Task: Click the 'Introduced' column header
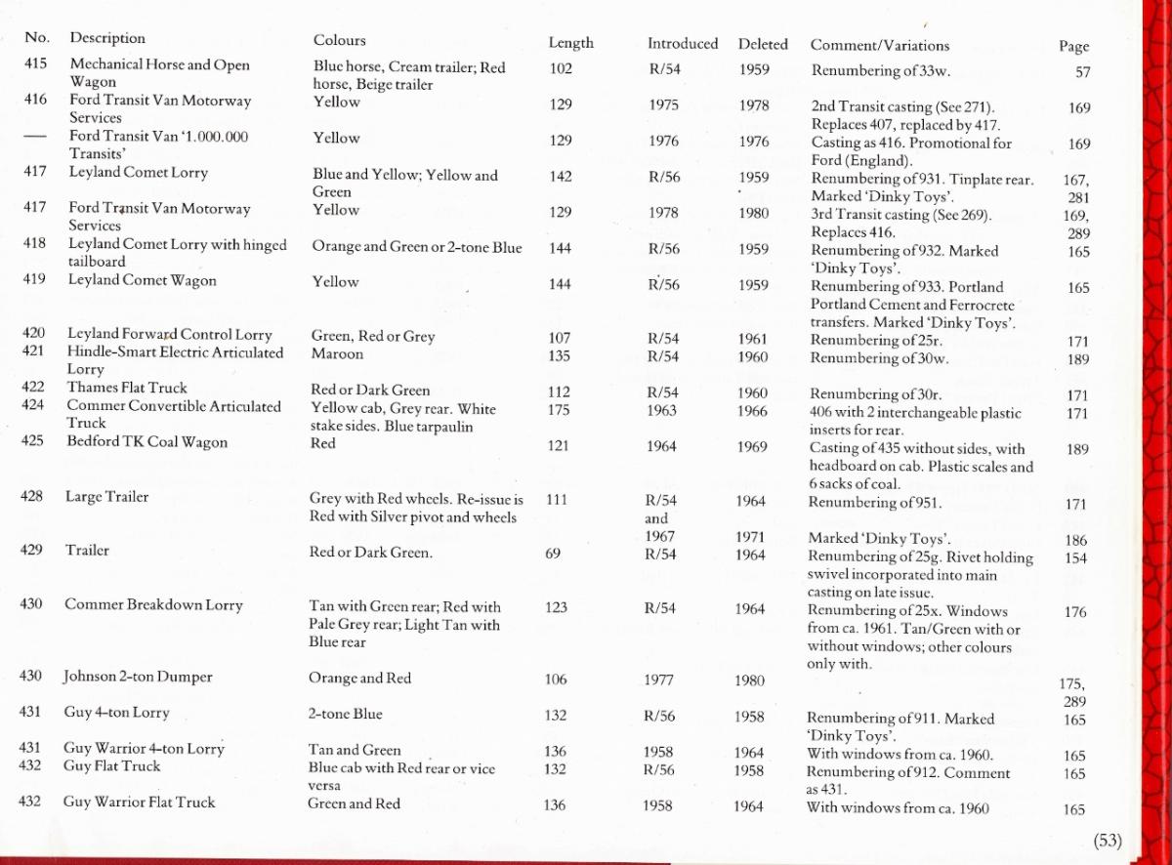(x=682, y=44)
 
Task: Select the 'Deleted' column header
(x=763, y=44)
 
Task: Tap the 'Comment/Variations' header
(x=879, y=45)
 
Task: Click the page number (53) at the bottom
(x=1108, y=841)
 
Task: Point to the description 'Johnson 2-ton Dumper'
(x=138, y=677)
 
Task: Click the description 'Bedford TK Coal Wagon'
(x=146, y=442)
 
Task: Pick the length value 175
(x=559, y=410)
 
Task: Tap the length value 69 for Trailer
(x=554, y=554)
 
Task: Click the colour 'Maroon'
(x=337, y=354)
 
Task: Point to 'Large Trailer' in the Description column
(x=106, y=497)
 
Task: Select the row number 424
(x=35, y=406)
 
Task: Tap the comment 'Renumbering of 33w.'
(x=880, y=71)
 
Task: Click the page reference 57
(x=1082, y=72)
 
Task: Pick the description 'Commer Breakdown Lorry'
(x=153, y=605)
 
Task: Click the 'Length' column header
(x=570, y=44)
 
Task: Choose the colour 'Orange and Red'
(x=359, y=679)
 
